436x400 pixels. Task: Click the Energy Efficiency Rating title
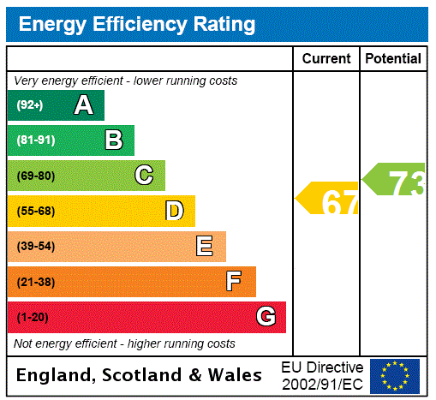pyautogui.click(x=137, y=25)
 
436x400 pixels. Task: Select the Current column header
pyautogui.click(x=326, y=59)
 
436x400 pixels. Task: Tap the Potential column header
pyautogui.click(x=393, y=59)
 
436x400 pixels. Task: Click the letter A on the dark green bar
pyautogui.click(x=83, y=105)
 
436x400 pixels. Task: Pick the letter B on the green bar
pyautogui.click(x=114, y=140)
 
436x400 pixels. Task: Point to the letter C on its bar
pyautogui.click(x=144, y=176)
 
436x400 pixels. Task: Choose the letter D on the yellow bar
pyautogui.click(x=175, y=211)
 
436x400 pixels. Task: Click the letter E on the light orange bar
pyautogui.click(x=205, y=247)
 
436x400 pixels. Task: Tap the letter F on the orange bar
pyautogui.click(x=233, y=282)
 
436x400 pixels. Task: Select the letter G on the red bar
pyautogui.click(x=266, y=317)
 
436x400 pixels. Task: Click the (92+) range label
pyautogui.click(x=30, y=105)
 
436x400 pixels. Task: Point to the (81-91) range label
pyautogui.click(x=35, y=140)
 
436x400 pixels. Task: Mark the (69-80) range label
pyautogui.click(x=35, y=176)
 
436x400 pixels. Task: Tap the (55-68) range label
pyautogui.click(x=35, y=211)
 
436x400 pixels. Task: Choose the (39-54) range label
pyautogui.click(x=35, y=247)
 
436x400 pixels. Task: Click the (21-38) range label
pyautogui.click(x=35, y=282)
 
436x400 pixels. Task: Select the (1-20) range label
pyautogui.click(x=33, y=317)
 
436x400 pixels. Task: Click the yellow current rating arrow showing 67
pyautogui.click(x=329, y=200)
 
